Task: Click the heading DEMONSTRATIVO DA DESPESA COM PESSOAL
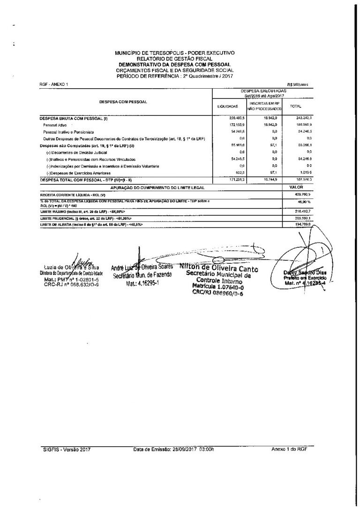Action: point(175,64)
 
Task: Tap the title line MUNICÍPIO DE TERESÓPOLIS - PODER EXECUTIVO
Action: point(175,53)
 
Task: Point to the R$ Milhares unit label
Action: point(297,84)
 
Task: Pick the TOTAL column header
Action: point(296,107)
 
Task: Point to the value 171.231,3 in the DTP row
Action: point(235,180)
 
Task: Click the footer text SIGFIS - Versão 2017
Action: point(64,449)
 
